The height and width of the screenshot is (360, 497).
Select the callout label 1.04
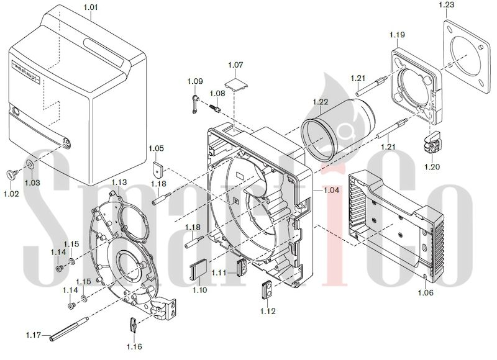331,191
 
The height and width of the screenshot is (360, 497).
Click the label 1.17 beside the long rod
34,335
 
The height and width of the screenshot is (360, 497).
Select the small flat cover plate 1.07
235,83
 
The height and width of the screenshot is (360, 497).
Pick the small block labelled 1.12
268,289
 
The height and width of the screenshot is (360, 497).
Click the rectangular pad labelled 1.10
199,269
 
